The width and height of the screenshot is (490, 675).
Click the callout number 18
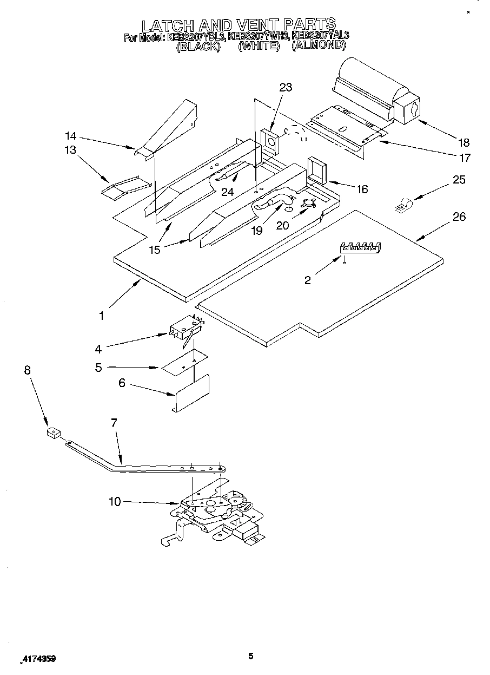463,143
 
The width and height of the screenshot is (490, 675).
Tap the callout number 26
459,217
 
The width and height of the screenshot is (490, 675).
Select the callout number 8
28,370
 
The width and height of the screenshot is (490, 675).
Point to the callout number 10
115,502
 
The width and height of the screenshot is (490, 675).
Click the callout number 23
286,88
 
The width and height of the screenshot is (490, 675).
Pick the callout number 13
71,150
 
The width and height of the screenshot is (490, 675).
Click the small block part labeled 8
53,433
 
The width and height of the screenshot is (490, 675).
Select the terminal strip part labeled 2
360,247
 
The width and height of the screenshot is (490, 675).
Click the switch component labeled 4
184,329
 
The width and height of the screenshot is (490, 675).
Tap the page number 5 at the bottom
250,656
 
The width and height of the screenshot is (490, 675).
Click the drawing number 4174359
38,659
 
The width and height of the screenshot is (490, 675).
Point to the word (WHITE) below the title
258,46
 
